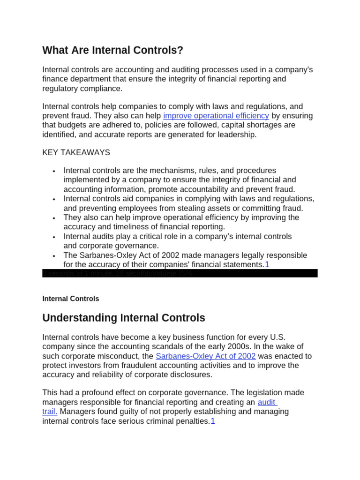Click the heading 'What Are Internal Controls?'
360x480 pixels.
point(112,50)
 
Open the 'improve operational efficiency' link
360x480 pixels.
point(216,116)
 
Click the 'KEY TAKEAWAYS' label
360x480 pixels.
point(76,152)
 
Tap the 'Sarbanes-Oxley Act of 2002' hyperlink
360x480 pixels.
point(205,356)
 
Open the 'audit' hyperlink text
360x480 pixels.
point(267,402)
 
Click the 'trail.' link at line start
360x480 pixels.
point(50,412)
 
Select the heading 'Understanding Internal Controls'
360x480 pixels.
point(124,318)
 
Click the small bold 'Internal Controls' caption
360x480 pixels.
point(70,299)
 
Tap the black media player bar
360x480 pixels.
point(180,273)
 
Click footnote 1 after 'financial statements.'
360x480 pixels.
point(267,265)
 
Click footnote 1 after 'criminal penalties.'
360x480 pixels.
point(213,421)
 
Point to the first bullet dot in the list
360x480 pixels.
point(54,171)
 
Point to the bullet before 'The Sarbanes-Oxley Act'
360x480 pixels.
point(54,256)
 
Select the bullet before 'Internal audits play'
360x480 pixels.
point(54,237)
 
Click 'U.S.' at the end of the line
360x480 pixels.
point(277,337)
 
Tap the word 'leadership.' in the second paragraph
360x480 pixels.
point(238,135)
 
